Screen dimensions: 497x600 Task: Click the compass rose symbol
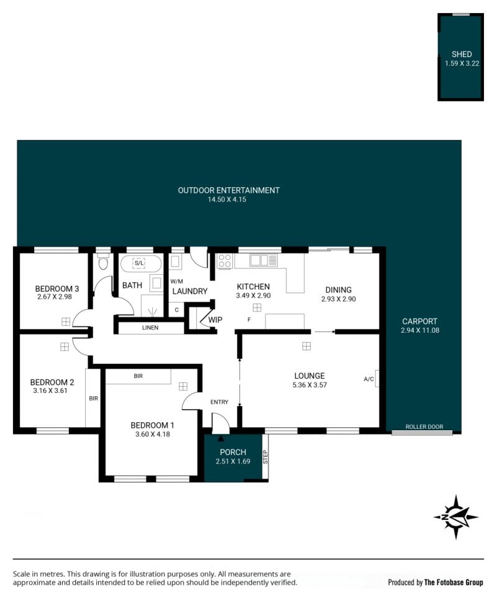tap(456, 517)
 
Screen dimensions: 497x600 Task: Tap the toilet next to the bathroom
tap(103, 262)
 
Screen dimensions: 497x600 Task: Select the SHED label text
tap(462, 54)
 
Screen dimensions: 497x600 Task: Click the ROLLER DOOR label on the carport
tap(424, 427)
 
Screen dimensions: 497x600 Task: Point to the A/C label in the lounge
tap(368, 379)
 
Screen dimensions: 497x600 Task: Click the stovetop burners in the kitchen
tap(225, 261)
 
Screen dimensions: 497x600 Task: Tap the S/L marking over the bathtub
tap(139, 263)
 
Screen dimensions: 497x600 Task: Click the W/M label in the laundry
tap(176, 281)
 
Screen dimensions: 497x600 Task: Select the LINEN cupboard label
tap(150, 328)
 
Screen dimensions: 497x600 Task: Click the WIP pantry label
tap(215, 320)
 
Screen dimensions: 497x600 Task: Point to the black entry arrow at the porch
tap(221, 430)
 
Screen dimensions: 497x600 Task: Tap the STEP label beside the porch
tap(265, 457)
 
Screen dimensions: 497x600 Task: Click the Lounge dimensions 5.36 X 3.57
tap(309, 385)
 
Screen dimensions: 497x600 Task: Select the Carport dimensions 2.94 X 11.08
tap(420, 330)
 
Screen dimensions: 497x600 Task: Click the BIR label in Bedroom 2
tap(94, 399)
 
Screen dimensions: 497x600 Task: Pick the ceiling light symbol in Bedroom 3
tap(66, 322)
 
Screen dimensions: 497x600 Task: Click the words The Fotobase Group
tap(454, 583)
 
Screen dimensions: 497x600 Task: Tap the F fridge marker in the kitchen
tap(249, 320)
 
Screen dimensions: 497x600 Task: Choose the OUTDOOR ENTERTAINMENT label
tap(229, 190)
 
